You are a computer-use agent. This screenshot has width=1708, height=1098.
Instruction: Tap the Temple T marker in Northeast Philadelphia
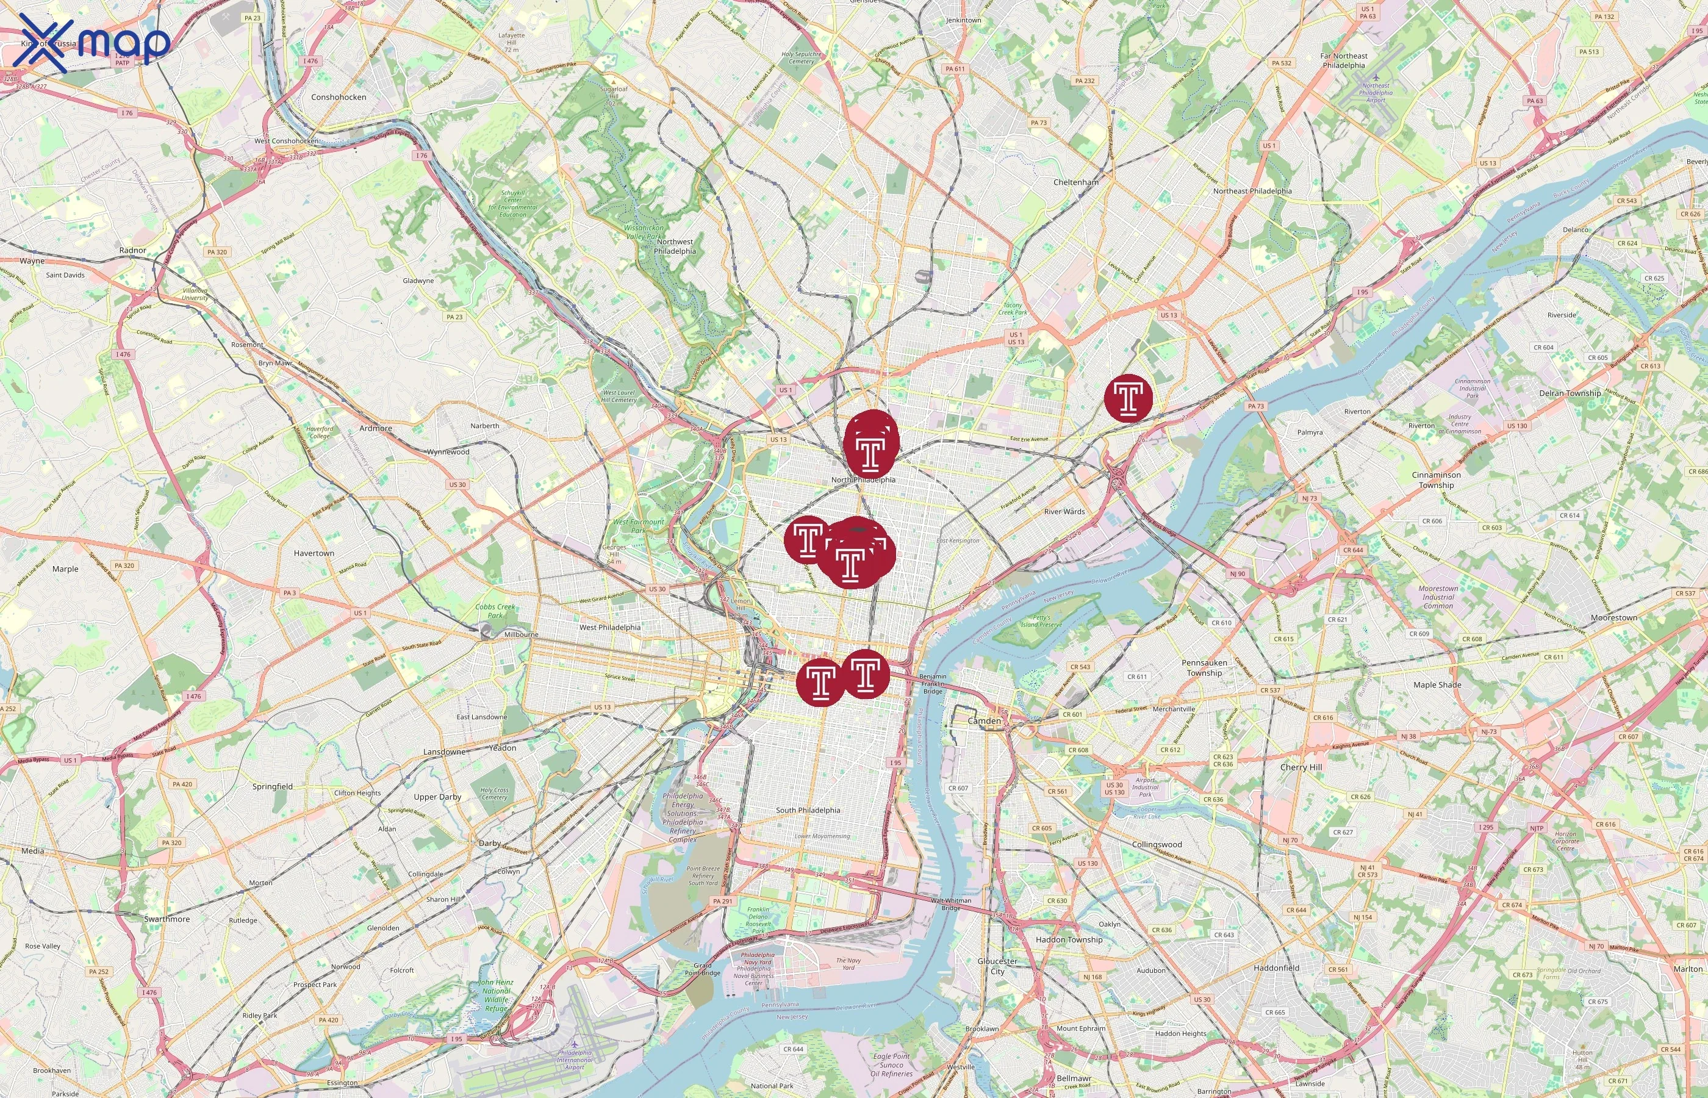click(1128, 398)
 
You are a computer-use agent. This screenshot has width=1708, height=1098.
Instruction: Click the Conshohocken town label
click(339, 97)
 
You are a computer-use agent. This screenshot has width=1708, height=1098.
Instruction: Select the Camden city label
click(984, 721)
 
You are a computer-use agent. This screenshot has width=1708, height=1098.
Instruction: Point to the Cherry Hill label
click(1301, 767)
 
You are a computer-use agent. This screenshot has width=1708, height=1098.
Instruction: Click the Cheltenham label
click(1075, 182)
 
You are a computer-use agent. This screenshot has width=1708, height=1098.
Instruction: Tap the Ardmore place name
click(376, 428)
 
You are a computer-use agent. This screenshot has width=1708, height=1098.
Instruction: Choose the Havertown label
click(314, 553)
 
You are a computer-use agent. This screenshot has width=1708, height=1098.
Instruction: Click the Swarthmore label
click(167, 919)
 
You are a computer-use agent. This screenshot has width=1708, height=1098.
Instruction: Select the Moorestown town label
click(1614, 617)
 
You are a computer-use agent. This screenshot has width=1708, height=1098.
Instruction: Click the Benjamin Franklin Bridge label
click(933, 683)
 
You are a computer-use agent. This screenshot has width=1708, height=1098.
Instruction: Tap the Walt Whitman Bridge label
click(951, 904)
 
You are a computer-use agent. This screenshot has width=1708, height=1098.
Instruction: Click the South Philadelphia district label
click(808, 810)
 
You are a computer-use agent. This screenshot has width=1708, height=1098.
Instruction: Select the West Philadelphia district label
click(609, 628)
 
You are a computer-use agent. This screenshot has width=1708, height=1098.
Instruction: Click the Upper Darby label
click(438, 797)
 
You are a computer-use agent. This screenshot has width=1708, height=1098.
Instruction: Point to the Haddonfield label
click(1276, 968)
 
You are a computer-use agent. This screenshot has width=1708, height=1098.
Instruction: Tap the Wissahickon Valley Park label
click(644, 232)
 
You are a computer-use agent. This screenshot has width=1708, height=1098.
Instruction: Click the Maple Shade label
click(1437, 684)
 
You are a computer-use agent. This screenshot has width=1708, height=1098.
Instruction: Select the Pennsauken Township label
click(1205, 667)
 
